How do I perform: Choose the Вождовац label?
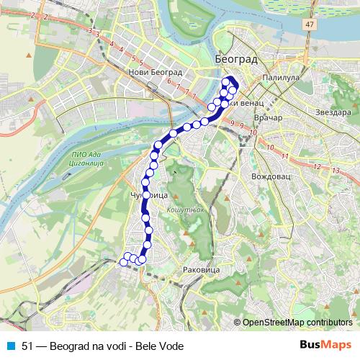coord(270,176)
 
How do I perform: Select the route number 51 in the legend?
coord(28,346)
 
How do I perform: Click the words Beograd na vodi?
coord(90,346)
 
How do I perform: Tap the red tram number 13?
coord(336,170)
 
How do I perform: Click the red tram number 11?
coord(286,156)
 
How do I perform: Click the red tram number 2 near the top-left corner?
coord(45,15)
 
